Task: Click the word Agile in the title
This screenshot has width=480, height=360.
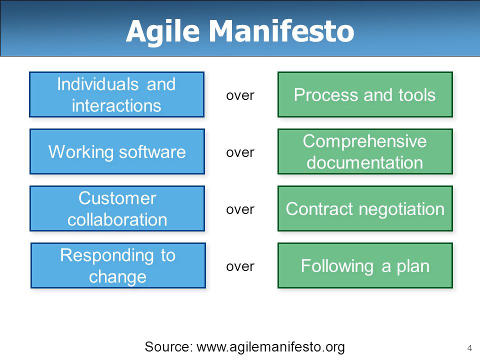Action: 163,32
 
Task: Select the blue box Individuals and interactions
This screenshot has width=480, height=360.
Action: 116,94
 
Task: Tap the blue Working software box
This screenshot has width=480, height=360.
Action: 117,151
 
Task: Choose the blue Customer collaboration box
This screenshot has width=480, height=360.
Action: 117,208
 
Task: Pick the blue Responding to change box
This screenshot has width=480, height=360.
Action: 118,265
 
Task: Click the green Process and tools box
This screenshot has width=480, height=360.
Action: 365,94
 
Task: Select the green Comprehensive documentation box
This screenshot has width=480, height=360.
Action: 365,151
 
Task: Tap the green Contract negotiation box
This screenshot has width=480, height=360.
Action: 365,208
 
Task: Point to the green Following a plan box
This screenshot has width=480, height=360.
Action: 365,265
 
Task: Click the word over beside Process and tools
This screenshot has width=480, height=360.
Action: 240,96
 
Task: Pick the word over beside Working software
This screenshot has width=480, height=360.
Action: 240,153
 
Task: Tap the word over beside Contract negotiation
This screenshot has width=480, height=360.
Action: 240,209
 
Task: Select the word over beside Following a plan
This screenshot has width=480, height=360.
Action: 240,266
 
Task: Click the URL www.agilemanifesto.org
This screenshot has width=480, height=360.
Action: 270,347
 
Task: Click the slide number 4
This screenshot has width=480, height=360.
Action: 469,348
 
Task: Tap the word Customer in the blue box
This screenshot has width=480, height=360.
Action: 117,198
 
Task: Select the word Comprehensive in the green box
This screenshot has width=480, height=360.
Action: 364,141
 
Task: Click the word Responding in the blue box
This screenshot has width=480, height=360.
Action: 107,256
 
